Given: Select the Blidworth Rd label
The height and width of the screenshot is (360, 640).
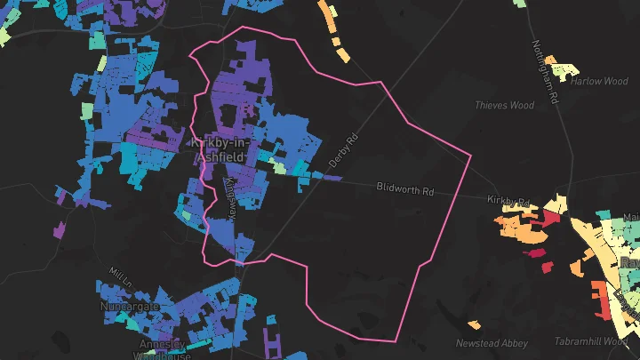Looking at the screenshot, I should [x=404, y=189].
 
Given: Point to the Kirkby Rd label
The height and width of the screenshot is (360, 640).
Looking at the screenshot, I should [x=508, y=201].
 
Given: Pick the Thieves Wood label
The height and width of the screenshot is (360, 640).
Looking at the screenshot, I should [x=504, y=105].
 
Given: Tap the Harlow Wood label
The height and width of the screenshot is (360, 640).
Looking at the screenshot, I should [x=599, y=81].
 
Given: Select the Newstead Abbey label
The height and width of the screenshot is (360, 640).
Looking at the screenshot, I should [x=492, y=343].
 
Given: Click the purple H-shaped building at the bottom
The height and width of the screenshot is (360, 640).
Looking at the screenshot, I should [x=273, y=339].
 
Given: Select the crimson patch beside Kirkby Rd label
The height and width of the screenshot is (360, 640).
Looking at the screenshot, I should [x=551, y=216].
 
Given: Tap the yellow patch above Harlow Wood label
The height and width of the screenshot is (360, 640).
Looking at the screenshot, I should [x=561, y=66].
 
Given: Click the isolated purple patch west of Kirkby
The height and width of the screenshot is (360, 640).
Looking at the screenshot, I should [x=60, y=229].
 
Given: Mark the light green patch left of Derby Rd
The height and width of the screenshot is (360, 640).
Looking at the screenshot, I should [x=279, y=166].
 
